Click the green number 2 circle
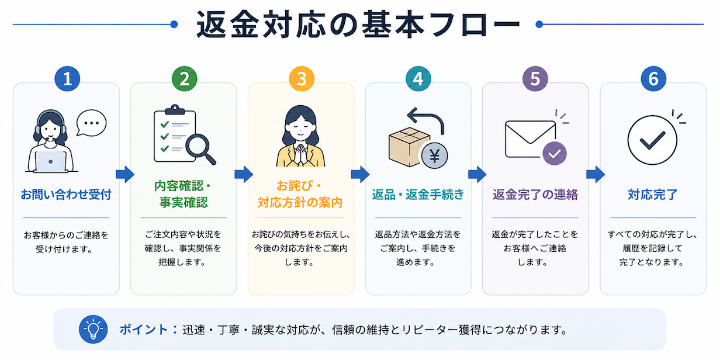coord(185,79)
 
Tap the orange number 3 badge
coord(302,79)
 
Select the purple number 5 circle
coord(535,79)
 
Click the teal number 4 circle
coord(418,79)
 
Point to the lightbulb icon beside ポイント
coord(94,329)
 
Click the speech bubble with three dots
coord(91,123)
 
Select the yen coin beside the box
coord(435,156)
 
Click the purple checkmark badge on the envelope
coord(555,154)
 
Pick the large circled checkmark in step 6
coord(652,140)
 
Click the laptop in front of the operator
coord(51,162)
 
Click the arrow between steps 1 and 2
coord(125,175)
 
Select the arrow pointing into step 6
coord(596,175)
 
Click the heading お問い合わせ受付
coord(66,195)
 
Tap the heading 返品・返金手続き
coord(418,195)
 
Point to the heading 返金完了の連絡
coord(535,195)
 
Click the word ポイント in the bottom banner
coord(144,330)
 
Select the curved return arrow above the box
coord(426,120)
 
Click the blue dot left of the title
coord(174,24)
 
